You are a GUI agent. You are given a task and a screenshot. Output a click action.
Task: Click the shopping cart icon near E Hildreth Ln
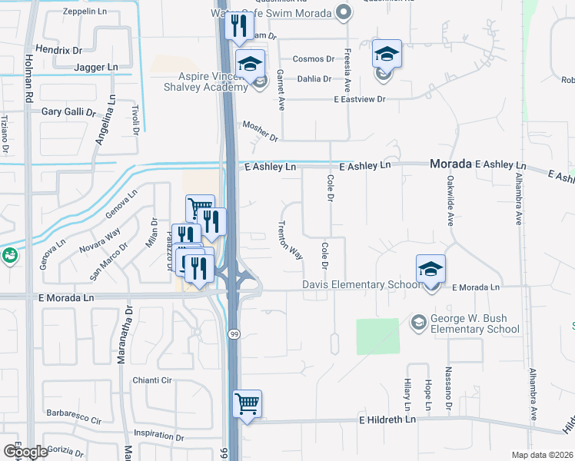[x=247, y=403]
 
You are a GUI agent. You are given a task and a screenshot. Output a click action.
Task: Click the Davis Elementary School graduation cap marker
[x=430, y=270]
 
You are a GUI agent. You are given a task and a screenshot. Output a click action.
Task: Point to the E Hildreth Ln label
[x=386, y=420]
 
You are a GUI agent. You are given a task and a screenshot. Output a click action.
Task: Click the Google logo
[x=25, y=452]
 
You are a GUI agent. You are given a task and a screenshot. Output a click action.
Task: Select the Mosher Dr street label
[x=259, y=131]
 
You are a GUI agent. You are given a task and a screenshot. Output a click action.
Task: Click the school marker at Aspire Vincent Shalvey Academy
[x=250, y=65]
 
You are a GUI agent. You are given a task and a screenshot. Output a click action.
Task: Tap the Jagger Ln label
[x=95, y=68]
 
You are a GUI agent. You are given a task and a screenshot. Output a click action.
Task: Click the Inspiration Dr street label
[x=158, y=435]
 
